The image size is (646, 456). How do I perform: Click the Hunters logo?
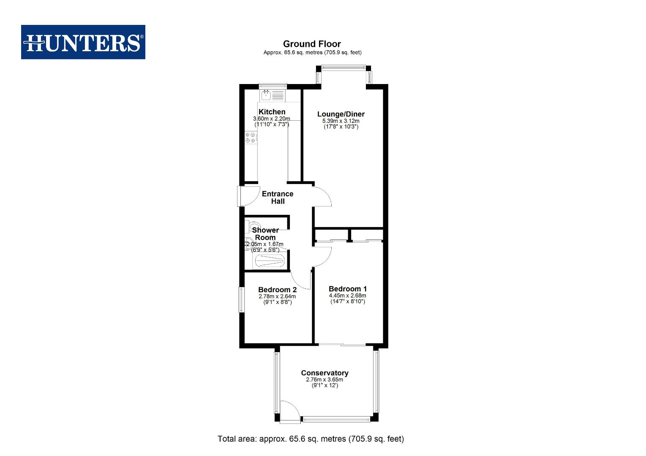coord(83,42)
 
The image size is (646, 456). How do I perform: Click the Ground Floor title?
coord(312,44)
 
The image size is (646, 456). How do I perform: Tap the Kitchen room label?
coord(272,112)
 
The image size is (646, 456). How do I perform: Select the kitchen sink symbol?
coord(266,95)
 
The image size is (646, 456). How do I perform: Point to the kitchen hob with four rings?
coord(251,138)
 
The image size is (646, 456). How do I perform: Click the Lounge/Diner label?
coord(341,114)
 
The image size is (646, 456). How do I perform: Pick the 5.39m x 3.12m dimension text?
coord(341,121)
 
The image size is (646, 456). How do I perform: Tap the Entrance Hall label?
coord(278,198)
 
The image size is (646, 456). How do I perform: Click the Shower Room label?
coord(265,233)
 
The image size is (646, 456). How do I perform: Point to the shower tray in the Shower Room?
coord(269,261)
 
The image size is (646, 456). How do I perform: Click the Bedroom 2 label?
coord(277,290)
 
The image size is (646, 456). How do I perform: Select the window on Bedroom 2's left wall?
coord(241,300)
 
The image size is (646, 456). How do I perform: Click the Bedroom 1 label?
coord(347,289)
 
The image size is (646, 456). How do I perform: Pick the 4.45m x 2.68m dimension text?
coord(347,296)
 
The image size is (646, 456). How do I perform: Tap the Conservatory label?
coord(324,373)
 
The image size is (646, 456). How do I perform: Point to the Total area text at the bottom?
coord(311,439)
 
